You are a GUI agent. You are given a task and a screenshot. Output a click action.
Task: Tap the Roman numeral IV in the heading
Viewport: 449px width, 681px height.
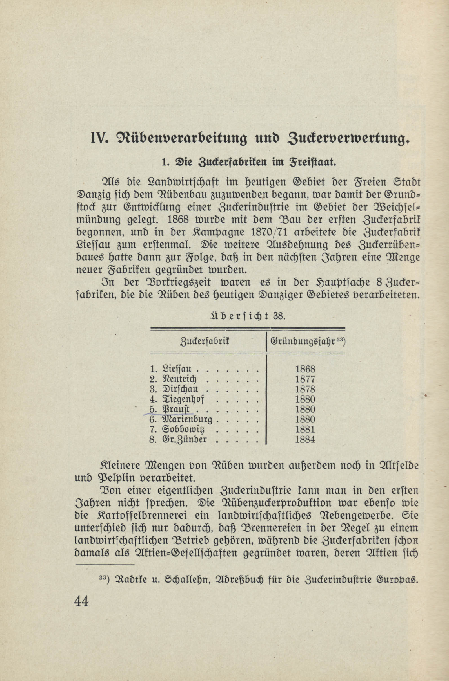[x=99, y=138]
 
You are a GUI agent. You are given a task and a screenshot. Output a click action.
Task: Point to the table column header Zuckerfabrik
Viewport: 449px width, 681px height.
[x=205, y=341]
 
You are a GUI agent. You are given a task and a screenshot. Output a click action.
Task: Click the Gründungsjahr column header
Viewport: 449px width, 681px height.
[x=306, y=341]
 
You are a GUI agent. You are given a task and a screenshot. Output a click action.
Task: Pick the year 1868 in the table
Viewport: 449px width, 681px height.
[x=305, y=368]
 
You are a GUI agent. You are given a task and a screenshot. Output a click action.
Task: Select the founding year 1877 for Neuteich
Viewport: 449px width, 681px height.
[x=305, y=379]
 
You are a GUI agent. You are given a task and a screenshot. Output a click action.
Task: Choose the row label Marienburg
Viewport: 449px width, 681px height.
[x=187, y=420]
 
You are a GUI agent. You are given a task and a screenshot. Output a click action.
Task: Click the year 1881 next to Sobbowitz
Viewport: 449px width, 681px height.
[x=305, y=429]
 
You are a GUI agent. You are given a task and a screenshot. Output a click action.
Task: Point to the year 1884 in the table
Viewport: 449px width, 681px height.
[x=305, y=439]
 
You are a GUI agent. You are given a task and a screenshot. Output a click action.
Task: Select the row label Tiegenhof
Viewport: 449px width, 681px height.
[x=183, y=399]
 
